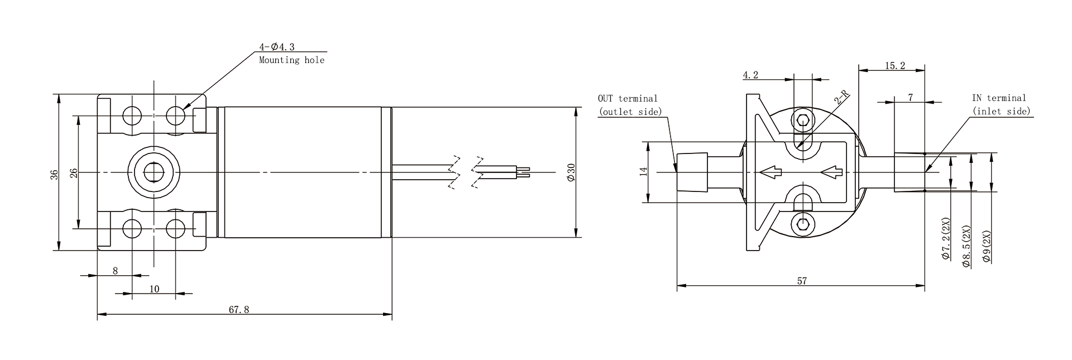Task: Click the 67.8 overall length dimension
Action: point(239,310)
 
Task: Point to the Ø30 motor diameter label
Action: point(570,172)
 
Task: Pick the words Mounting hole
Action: point(291,60)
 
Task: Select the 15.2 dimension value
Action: point(894,65)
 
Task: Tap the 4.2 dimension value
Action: point(750,75)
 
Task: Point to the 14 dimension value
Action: point(644,172)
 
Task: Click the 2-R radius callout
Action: point(841,98)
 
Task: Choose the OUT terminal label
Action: point(627,98)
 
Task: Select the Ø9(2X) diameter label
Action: point(987,246)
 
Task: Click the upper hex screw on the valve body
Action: point(803,119)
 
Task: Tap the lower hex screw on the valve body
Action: point(803,224)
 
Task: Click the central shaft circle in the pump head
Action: point(154,172)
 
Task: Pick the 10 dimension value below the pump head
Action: point(155,289)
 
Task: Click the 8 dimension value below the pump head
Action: point(116,271)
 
